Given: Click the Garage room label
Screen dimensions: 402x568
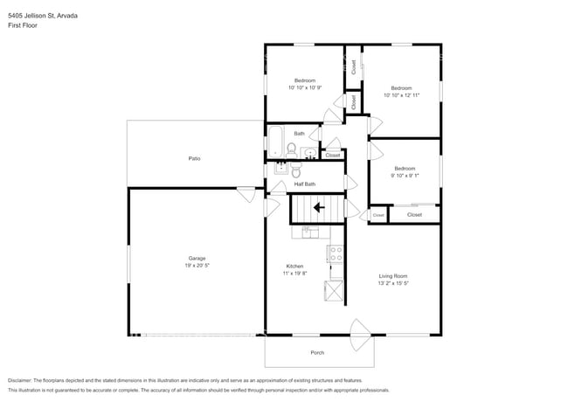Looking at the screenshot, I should click(197, 258).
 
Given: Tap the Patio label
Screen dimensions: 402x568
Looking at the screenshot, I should click(194, 158).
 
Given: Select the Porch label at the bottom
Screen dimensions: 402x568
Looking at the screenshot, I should click(317, 352).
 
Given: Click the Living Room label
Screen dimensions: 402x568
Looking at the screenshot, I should click(393, 276).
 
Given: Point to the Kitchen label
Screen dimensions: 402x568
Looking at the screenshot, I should click(294, 266).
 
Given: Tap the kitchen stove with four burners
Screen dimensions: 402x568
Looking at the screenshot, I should click(334, 253).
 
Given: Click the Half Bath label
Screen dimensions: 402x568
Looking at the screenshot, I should click(304, 184).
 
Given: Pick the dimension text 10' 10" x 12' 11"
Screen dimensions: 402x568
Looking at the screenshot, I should click(402, 95).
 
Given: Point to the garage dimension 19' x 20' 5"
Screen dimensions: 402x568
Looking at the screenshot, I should click(197, 265).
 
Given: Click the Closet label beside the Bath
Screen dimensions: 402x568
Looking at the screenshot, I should click(332, 155).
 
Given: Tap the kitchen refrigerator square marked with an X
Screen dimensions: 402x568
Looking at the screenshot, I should click(334, 289).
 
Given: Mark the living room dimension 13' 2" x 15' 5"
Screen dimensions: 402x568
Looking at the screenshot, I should click(393, 283).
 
